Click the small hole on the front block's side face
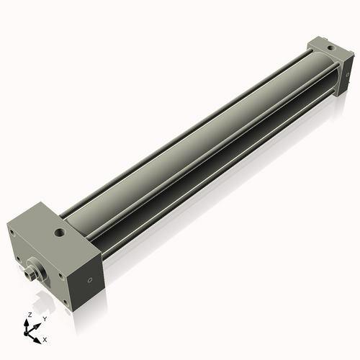click(89, 279)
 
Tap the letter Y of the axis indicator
click(44, 318)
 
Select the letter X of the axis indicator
click(45, 338)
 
